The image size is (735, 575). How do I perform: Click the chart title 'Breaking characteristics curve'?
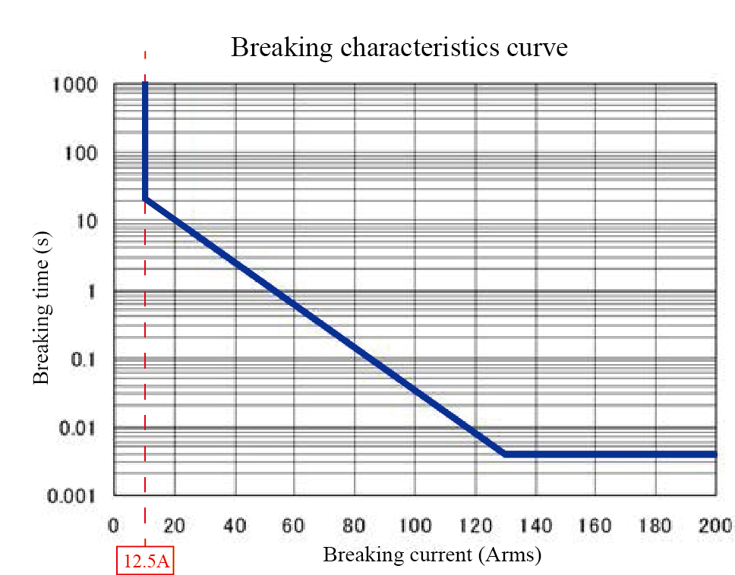click(399, 48)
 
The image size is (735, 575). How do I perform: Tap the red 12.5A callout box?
click(145, 563)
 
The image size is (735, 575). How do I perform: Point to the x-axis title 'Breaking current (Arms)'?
click(432, 555)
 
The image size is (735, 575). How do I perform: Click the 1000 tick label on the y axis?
click(75, 85)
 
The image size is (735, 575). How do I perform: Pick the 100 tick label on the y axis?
click(81, 153)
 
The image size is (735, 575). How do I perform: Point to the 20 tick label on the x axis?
click(175, 525)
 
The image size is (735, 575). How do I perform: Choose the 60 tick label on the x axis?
click(295, 525)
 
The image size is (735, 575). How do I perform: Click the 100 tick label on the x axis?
click(415, 525)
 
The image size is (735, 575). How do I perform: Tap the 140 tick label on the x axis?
click(535, 525)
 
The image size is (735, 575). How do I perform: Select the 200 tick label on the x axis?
click(714, 525)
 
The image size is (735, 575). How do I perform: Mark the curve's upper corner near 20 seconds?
click(145, 199)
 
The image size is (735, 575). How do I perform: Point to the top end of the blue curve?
click(145, 83)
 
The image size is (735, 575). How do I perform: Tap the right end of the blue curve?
click(714, 454)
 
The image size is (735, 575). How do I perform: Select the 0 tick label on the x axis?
click(114, 525)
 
